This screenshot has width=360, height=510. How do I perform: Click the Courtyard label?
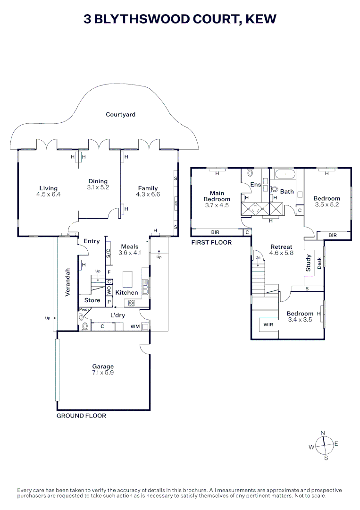[120, 114]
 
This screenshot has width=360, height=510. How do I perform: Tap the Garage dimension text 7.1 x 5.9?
[103, 373]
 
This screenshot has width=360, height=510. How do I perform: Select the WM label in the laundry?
[135, 326]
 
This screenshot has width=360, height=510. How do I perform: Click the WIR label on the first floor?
[268, 324]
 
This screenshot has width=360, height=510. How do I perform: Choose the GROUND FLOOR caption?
[81, 416]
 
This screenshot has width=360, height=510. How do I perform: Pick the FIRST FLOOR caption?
[211, 242]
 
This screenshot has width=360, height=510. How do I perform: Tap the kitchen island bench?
[128, 279]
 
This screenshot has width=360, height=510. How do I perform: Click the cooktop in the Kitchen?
[131, 303]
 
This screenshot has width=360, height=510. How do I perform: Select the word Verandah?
[67, 282]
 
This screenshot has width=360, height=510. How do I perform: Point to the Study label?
[309, 263]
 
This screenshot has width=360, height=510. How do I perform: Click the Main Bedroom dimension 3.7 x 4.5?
[217, 205]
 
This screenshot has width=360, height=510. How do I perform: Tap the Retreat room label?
[281, 247]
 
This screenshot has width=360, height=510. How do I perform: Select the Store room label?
[92, 300]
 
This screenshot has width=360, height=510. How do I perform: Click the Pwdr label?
[84, 309]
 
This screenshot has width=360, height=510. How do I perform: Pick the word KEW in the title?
[261, 19]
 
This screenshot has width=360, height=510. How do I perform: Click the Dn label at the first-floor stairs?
[258, 258]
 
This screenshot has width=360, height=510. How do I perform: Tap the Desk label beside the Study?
[319, 263]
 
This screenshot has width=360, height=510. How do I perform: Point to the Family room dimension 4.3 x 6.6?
[148, 195]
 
